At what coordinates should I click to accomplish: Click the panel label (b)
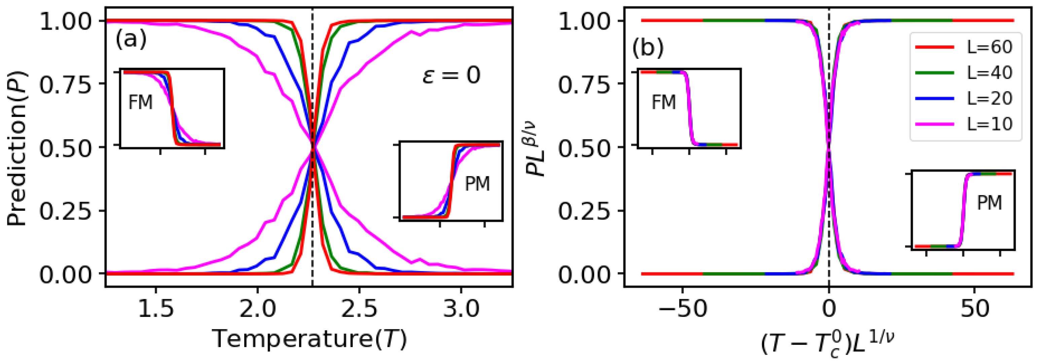[648, 49]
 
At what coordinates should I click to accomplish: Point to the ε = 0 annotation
[451, 75]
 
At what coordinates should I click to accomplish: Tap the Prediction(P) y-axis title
[17, 148]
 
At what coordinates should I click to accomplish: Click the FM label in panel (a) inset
[140, 102]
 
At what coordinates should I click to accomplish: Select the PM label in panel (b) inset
[989, 203]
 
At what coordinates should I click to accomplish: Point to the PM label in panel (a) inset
[477, 184]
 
